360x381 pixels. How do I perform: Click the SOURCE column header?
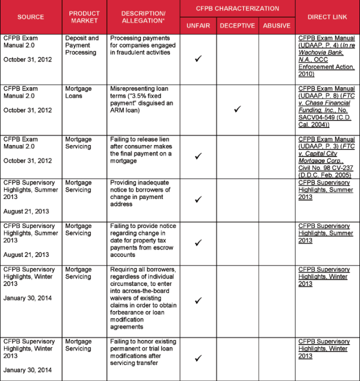31,16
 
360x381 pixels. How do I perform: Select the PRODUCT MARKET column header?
84,16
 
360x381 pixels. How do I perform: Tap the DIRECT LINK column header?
327,16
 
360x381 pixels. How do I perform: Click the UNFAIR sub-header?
198,25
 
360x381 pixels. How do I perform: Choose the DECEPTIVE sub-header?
237,25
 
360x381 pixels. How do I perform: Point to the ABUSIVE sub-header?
276,25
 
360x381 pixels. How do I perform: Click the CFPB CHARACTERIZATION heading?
237,9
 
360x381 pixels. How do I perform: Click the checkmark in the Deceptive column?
237,109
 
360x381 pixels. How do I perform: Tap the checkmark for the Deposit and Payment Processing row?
198,59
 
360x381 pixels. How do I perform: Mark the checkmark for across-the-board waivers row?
198,300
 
